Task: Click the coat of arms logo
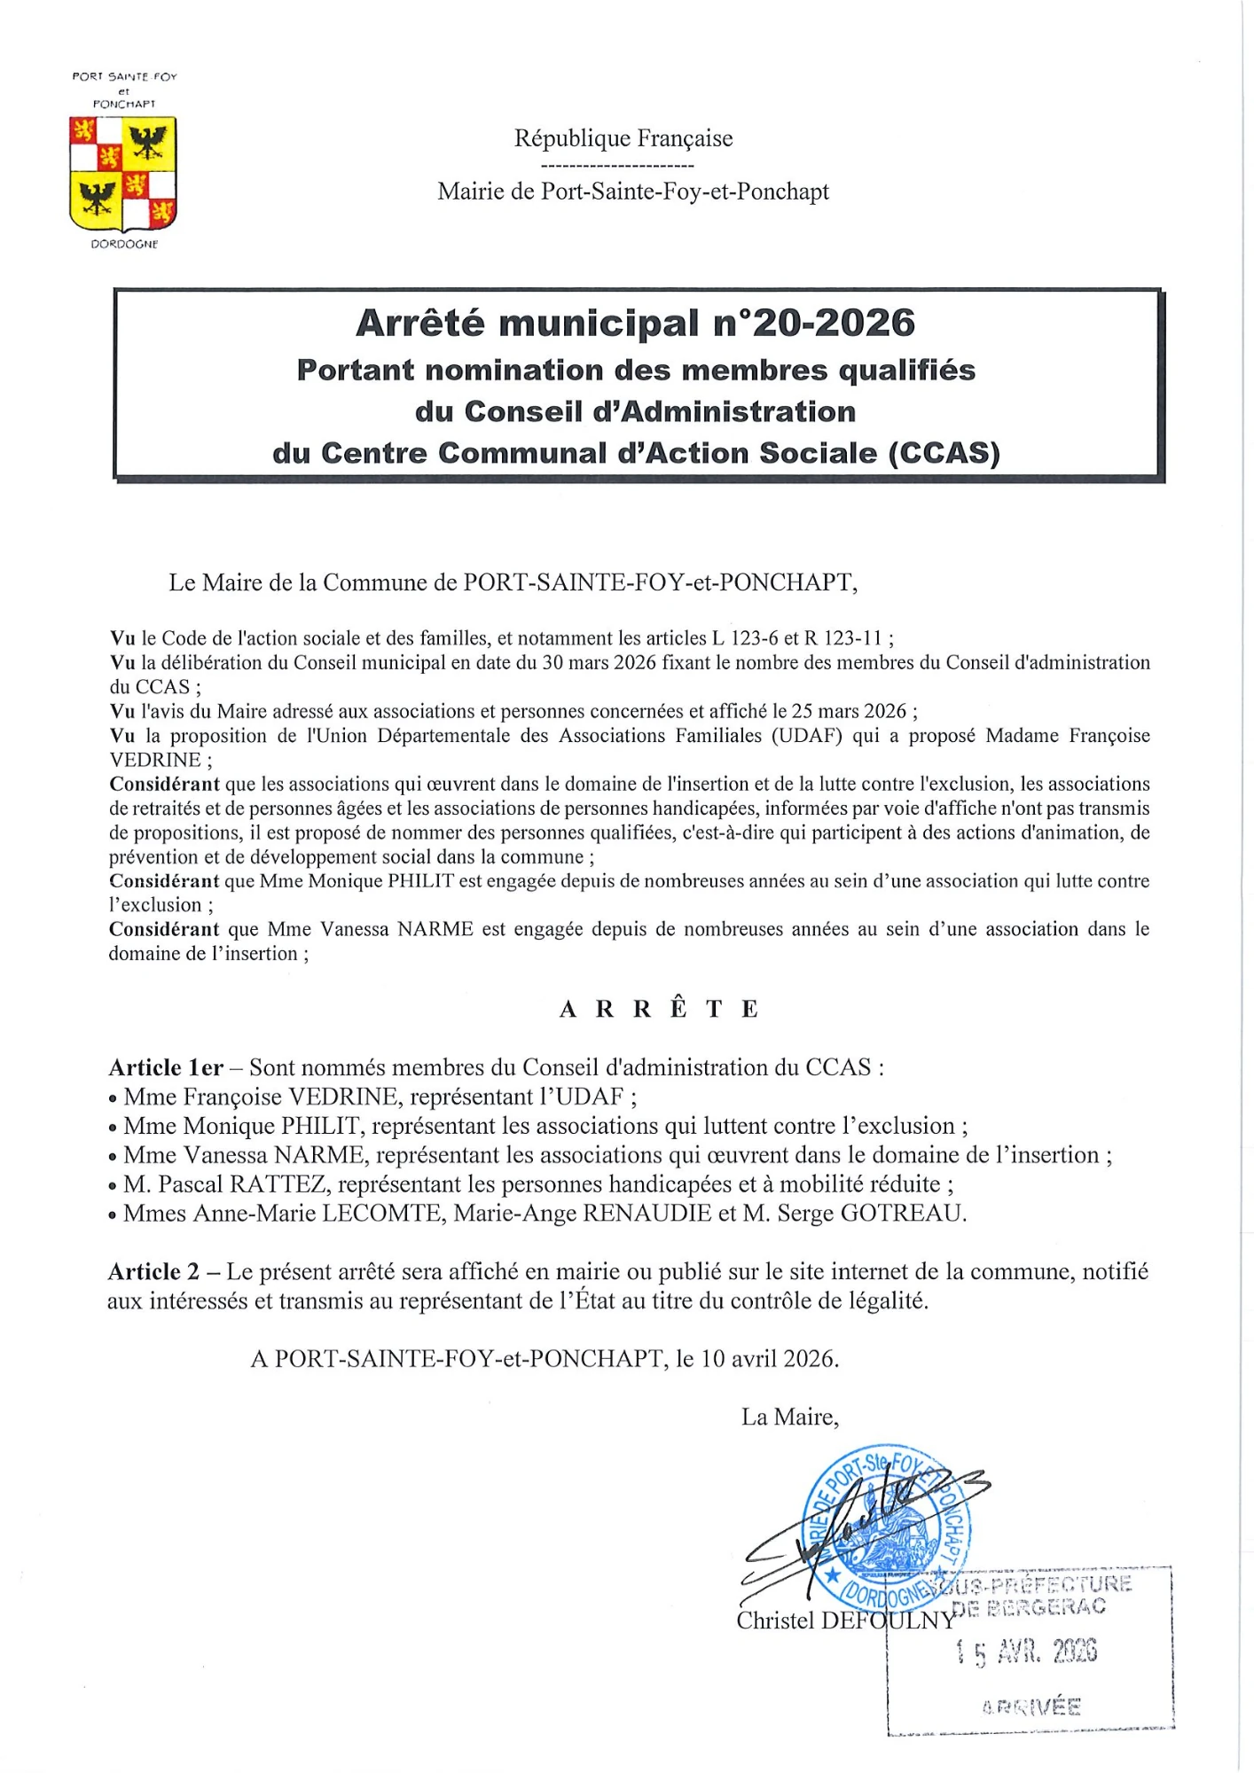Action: (x=123, y=174)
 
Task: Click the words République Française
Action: (x=623, y=138)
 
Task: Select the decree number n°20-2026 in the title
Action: (x=814, y=324)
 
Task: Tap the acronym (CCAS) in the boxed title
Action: (x=944, y=453)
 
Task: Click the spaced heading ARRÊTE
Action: (x=658, y=1009)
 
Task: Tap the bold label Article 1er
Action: (x=166, y=1067)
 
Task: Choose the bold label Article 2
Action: (x=154, y=1272)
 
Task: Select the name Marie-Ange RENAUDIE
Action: (x=583, y=1214)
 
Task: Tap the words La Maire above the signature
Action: (x=789, y=1417)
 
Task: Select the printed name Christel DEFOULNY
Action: (x=845, y=1621)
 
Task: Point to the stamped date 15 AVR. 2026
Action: (x=1026, y=1651)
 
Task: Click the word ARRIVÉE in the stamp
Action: (x=1031, y=1707)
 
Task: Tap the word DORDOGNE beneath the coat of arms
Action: (x=124, y=244)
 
